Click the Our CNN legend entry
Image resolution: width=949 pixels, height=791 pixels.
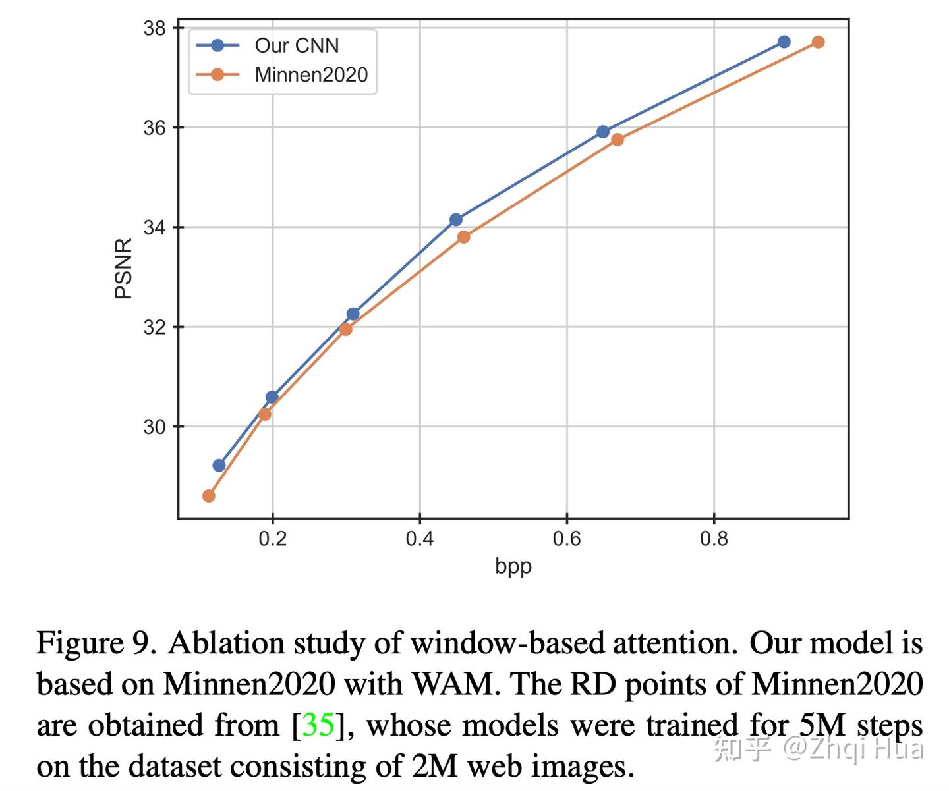[297, 45]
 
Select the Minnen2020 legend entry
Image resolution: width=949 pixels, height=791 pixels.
[310, 74]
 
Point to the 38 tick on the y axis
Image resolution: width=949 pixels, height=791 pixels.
[155, 28]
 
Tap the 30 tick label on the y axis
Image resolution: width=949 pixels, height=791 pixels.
[155, 427]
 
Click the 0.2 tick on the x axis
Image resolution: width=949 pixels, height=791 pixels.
[272, 539]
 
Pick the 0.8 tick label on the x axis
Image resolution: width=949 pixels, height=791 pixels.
[714, 539]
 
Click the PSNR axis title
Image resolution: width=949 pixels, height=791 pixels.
[123, 269]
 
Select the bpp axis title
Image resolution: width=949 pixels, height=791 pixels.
[513, 566]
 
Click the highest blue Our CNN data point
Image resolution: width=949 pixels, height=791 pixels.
[784, 42]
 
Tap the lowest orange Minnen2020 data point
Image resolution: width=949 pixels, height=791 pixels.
[209, 495]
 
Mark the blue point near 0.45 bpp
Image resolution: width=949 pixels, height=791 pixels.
[456, 219]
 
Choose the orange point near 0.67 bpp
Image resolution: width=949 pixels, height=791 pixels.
[618, 140]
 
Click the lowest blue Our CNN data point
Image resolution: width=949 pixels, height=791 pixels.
[219, 466]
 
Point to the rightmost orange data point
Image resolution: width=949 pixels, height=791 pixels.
[818, 42]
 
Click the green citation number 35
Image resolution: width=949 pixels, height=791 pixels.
[318, 725]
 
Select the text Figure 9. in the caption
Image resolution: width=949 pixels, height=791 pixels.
[96, 643]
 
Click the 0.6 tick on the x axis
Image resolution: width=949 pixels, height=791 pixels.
[567, 539]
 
